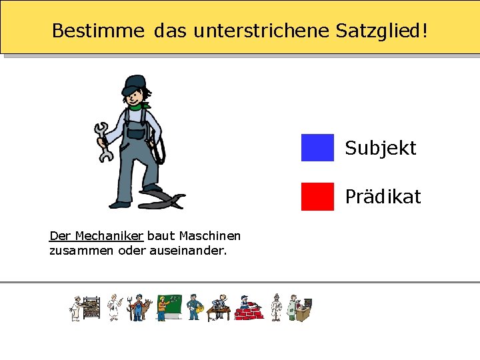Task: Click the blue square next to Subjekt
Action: click(317, 147)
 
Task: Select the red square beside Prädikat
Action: click(317, 196)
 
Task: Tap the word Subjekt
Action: click(380, 148)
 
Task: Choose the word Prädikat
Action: click(383, 197)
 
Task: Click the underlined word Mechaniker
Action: click(109, 235)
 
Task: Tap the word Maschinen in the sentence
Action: click(210, 235)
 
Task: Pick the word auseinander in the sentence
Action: click(192, 251)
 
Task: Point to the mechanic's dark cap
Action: click(135, 83)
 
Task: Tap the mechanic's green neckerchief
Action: click(140, 105)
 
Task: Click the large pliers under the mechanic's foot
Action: click(163, 198)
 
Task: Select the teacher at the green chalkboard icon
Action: click(168, 307)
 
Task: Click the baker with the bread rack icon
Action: click(85, 308)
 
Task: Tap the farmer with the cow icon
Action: click(139, 308)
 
